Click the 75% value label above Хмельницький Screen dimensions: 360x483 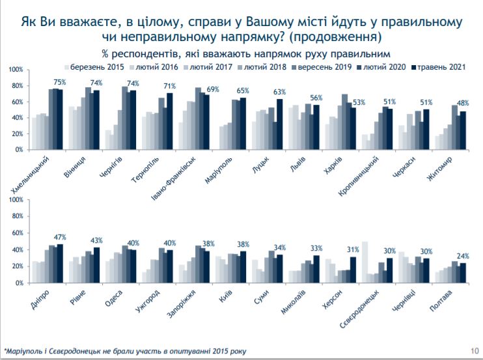(x=60, y=82)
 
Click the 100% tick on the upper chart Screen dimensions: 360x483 (x=16, y=69)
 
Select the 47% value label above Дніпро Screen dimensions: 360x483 (x=60, y=237)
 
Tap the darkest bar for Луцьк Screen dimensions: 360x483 (x=279, y=124)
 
